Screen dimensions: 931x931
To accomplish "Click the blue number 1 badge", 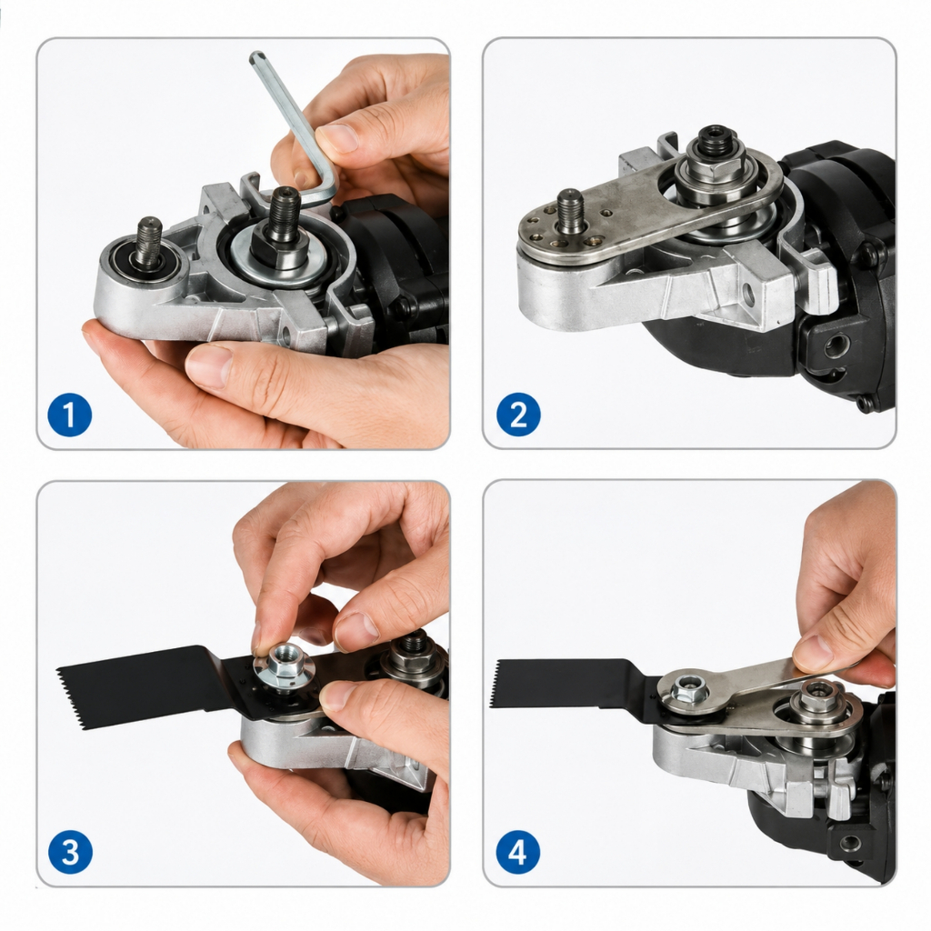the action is click(x=69, y=415).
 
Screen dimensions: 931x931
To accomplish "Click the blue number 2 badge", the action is click(x=518, y=415).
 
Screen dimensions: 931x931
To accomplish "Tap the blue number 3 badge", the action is click(x=70, y=852).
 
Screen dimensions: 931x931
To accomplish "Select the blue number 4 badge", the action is click(x=517, y=852).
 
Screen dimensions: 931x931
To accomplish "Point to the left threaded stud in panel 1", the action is click(x=150, y=241).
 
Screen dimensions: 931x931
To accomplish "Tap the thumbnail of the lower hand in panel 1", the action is click(x=209, y=364).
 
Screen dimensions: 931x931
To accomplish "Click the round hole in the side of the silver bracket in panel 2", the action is click(x=748, y=294).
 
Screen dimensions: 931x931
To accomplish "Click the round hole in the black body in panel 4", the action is click(x=850, y=843).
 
